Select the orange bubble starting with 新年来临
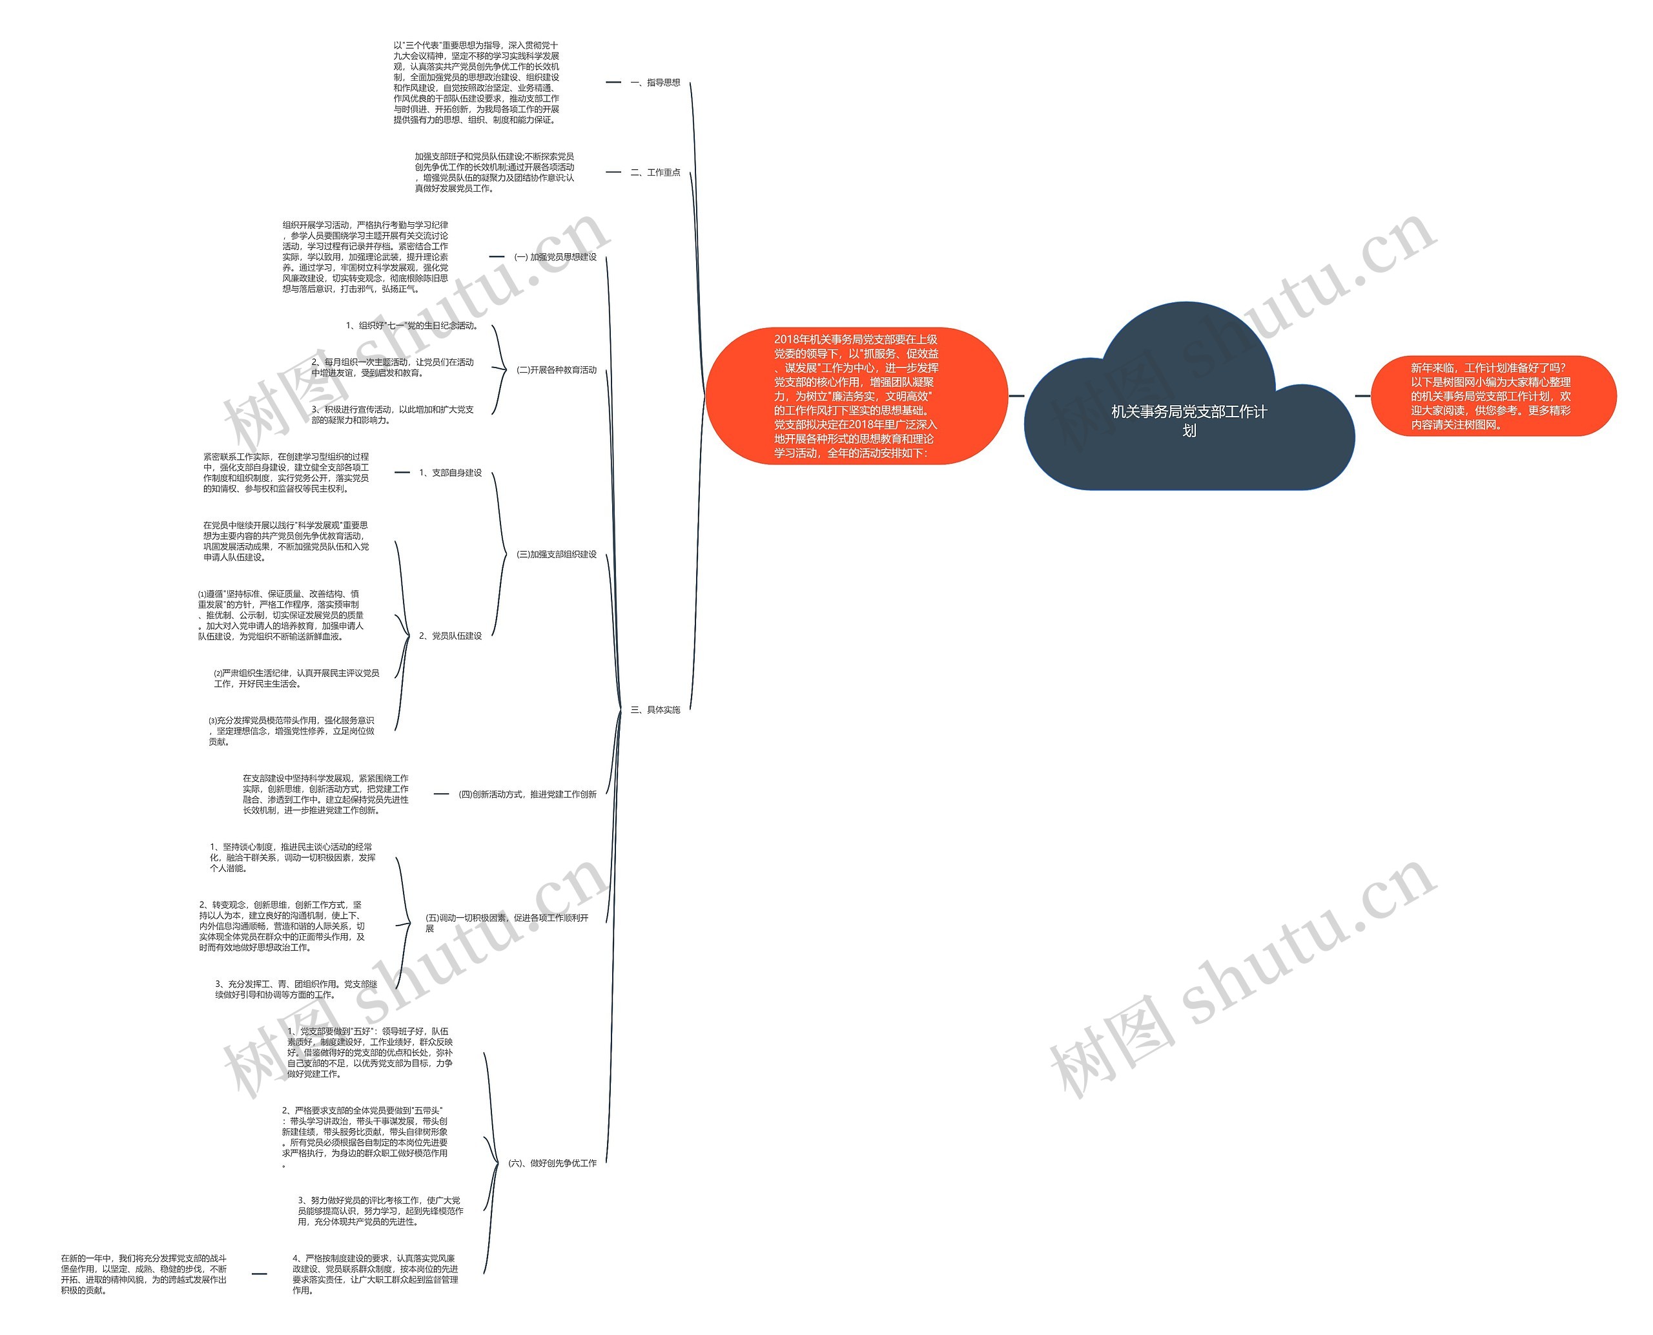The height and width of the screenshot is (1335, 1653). pyautogui.click(x=1493, y=396)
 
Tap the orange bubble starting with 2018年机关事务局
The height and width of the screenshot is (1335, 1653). pyautogui.click(x=856, y=396)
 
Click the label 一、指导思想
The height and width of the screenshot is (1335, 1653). pyautogui.click(x=655, y=82)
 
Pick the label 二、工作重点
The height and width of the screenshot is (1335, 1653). pyautogui.click(x=655, y=172)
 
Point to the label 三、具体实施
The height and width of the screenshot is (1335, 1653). pyautogui.click(x=655, y=710)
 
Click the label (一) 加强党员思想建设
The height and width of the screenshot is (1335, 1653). pyautogui.click(x=555, y=257)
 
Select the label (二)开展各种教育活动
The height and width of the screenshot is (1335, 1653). pyautogui.click(x=557, y=370)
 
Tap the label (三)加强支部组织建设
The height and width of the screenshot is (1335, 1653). pyautogui.click(x=557, y=554)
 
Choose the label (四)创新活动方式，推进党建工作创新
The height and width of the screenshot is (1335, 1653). pyautogui.click(x=528, y=794)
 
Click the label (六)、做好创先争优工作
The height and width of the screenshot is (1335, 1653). pyautogui.click(x=552, y=1163)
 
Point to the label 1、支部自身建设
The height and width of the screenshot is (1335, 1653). pyautogui.click(x=450, y=473)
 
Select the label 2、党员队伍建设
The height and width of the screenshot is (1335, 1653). pyautogui.click(x=450, y=636)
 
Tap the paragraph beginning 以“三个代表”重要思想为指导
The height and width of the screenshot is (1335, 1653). pyautogui.click(x=476, y=83)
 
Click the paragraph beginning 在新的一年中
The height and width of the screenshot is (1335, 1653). pyautogui.click(x=144, y=1274)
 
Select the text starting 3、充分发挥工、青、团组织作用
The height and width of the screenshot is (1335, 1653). pyautogui.click(x=296, y=989)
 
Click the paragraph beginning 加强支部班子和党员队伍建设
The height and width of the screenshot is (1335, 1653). pyautogui.click(x=495, y=172)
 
